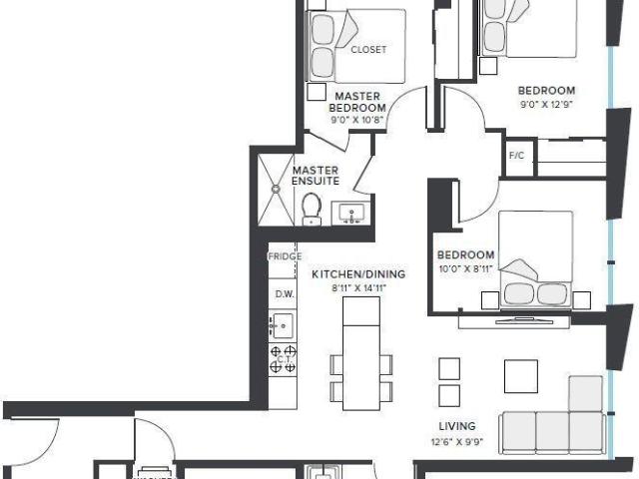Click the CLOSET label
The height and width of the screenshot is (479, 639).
[368, 49]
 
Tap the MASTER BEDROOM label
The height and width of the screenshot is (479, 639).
[357, 101]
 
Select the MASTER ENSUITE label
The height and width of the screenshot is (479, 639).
[316, 176]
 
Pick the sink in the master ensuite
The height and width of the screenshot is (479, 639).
[351, 214]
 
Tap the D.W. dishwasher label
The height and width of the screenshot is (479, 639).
[284, 294]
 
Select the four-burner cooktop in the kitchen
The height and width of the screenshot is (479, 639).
[283, 358]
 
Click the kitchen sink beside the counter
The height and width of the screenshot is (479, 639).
[282, 324]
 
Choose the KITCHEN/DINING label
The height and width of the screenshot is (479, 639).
[348, 273]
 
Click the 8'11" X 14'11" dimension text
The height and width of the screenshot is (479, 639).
[358, 287]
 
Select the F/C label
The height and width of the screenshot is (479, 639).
[517, 156]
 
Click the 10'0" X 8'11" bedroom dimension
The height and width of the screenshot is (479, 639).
[465, 267]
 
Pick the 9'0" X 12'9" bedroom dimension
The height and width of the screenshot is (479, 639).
[547, 103]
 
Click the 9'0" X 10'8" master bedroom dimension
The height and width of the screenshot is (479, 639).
[357, 120]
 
